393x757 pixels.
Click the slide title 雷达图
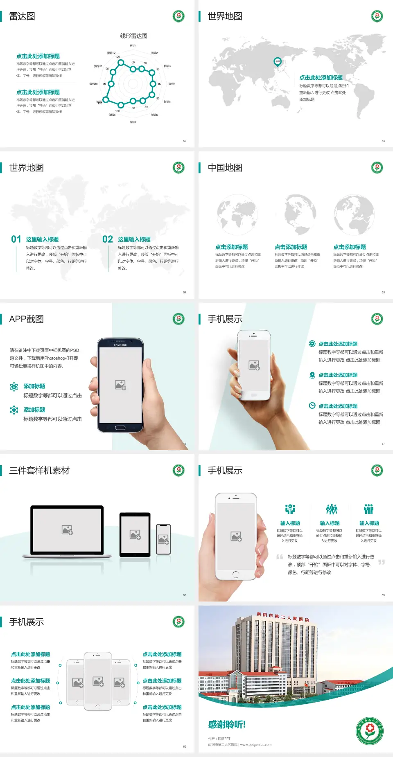pyautogui.click(x=22, y=16)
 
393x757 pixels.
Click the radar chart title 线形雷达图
pyautogui.click(x=133, y=36)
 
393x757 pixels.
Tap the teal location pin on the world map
pyautogui.click(x=277, y=61)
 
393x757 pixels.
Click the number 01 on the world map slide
pyautogui.click(x=16, y=239)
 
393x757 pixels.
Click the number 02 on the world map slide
pyautogui.click(x=108, y=239)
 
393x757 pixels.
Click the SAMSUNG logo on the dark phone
pyautogui.click(x=120, y=345)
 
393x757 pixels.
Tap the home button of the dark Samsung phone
pyautogui.click(x=120, y=428)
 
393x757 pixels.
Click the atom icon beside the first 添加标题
pyautogui.click(x=14, y=387)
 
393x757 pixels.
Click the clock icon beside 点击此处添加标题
pyautogui.click(x=312, y=406)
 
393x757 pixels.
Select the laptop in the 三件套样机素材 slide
pyautogui.click(x=67, y=531)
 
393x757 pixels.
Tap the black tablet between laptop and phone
pyautogui.click(x=135, y=534)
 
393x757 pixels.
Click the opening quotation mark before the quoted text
pyautogui.click(x=280, y=557)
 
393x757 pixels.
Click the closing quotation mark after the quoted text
pyautogui.click(x=381, y=562)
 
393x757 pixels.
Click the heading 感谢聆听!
pyautogui.click(x=227, y=725)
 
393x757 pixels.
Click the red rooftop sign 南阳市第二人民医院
pyautogui.click(x=282, y=617)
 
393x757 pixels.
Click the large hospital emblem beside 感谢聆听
pyautogui.click(x=370, y=731)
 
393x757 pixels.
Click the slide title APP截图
pyautogui.click(x=26, y=319)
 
